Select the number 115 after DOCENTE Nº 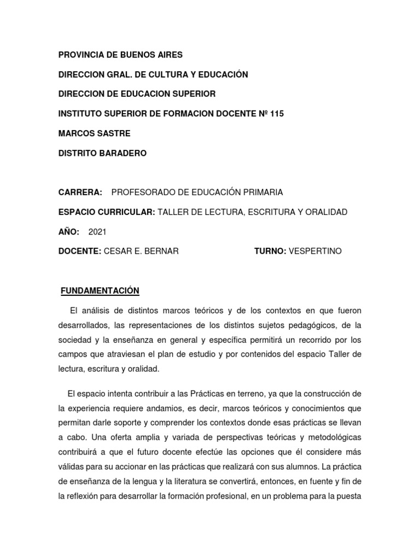click(277, 114)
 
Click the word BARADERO click(121, 153)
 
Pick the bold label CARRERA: click(80, 192)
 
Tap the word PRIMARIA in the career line click(263, 192)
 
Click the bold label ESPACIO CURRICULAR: click(107, 212)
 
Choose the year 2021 click(97, 232)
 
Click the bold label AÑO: click(69, 232)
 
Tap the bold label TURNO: click(270, 252)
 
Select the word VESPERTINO click(315, 252)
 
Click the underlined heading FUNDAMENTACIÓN click(99, 290)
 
